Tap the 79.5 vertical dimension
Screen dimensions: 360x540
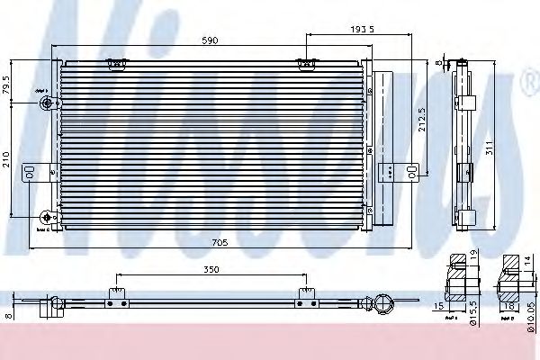pyautogui.click(x=8, y=88)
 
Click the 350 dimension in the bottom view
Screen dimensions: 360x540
pyautogui.click(x=210, y=270)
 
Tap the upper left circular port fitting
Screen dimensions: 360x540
pyautogui.click(x=46, y=104)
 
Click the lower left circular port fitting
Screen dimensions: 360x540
pyautogui.click(x=46, y=216)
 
